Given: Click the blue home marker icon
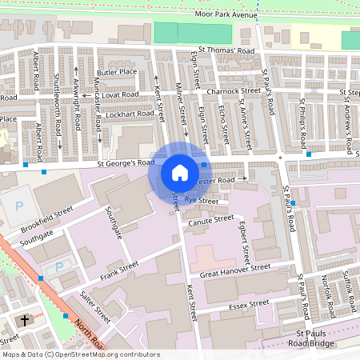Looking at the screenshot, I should tap(180, 172).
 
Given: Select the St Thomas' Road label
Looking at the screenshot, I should tap(226, 50).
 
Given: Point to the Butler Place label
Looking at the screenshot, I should tap(116, 72).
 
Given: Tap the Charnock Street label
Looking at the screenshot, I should tap(234, 91).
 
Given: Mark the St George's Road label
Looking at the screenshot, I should tap(126, 163).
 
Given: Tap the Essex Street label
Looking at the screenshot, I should tap(249, 304).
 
